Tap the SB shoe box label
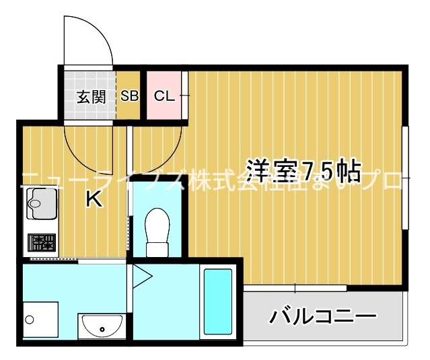tap(130, 96)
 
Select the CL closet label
tap(164, 96)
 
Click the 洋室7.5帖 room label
tap(304, 172)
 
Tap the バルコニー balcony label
tap(323, 315)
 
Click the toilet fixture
tap(158, 231)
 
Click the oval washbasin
tap(101, 328)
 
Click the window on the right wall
tap(406, 176)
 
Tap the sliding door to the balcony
tap(296, 288)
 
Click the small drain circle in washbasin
tap(102, 330)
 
